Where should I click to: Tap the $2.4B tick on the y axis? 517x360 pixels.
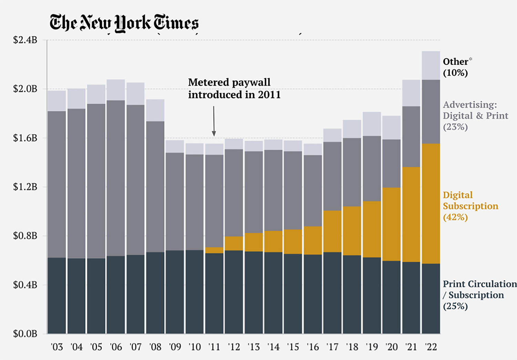pyautogui.click(x=25, y=40)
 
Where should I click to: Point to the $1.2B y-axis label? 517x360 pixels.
pyautogui.click(x=25, y=187)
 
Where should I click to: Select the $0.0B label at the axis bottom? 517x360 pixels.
pyautogui.click(x=25, y=334)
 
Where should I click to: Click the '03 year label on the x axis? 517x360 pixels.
pyautogui.click(x=57, y=347)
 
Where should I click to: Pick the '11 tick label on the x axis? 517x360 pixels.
pyautogui.click(x=214, y=347)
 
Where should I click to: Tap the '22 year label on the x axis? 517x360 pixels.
pyautogui.click(x=431, y=347)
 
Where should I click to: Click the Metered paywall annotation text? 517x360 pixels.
pyautogui.click(x=234, y=88)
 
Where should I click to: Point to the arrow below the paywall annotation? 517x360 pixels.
pyautogui.click(x=214, y=121)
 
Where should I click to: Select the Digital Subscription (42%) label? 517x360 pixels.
pyautogui.click(x=470, y=206)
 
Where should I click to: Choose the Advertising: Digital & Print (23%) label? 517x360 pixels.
pyautogui.click(x=475, y=116)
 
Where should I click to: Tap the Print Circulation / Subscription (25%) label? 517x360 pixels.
pyautogui.click(x=479, y=295)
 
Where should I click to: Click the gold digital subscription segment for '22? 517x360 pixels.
pyautogui.click(x=431, y=203)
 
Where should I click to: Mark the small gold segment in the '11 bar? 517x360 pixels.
pyautogui.click(x=214, y=250)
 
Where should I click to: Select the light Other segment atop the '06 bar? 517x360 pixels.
pyautogui.click(x=116, y=90)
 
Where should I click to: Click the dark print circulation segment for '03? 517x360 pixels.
pyautogui.click(x=57, y=296)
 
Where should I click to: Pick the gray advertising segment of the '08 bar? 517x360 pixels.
pyautogui.click(x=155, y=186)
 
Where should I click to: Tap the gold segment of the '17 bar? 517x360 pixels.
pyautogui.click(x=332, y=231)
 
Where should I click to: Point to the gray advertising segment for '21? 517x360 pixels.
pyautogui.click(x=411, y=136)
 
